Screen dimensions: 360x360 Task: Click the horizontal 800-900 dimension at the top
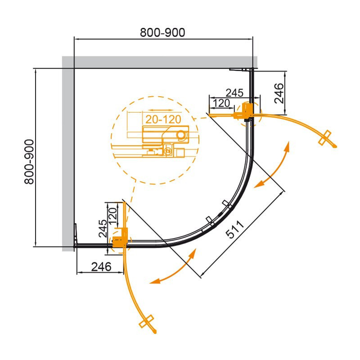point(162,32)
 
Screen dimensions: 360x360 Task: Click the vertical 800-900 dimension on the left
point(29,162)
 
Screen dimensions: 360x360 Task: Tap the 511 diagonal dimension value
point(234,229)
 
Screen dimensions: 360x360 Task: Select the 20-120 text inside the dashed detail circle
point(163,119)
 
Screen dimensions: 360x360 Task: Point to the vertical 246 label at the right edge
point(279,94)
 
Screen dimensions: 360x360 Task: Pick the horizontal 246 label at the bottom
point(101,267)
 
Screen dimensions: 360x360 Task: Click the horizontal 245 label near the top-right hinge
point(234,93)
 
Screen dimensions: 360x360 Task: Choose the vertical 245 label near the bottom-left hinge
point(103,229)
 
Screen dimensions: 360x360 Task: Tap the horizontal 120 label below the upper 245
point(221,103)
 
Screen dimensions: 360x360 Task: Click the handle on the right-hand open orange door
point(324,138)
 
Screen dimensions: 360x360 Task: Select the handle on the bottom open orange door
point(146,321)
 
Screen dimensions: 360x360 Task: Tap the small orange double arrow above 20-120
point(160,110)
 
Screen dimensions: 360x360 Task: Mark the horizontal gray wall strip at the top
point(160,62)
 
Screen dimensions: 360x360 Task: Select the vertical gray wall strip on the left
point(68,154)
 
